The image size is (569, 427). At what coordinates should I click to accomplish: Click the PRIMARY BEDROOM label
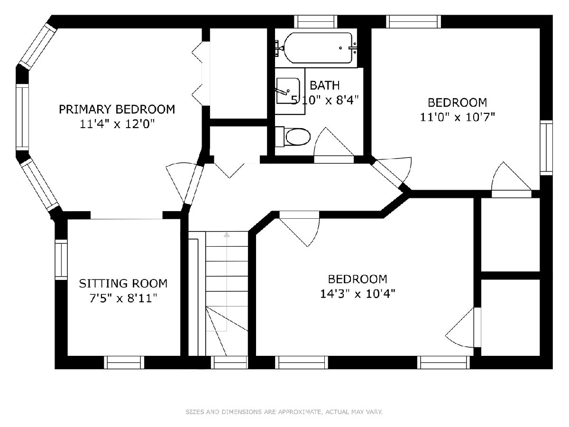117,110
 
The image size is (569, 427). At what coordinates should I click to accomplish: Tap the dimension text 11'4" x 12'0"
117,124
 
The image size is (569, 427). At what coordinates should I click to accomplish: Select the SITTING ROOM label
123,283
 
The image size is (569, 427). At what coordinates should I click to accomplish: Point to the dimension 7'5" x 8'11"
123,298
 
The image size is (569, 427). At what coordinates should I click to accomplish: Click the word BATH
324,85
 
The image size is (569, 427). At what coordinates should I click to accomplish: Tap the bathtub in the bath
318,48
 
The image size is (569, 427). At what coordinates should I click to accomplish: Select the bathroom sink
288,91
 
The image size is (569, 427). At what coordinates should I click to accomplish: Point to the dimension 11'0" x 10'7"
457,117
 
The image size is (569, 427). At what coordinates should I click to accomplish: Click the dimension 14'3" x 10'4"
358,294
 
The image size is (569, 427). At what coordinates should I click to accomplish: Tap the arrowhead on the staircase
227,235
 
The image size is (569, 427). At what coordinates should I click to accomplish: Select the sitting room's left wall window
61,260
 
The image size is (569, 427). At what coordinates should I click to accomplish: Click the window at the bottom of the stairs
229,362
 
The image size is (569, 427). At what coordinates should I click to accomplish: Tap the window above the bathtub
316,21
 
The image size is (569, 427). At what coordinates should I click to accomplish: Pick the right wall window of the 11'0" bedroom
546,148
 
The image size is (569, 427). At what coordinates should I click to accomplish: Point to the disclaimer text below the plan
284,411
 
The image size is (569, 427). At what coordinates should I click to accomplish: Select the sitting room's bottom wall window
124,362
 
